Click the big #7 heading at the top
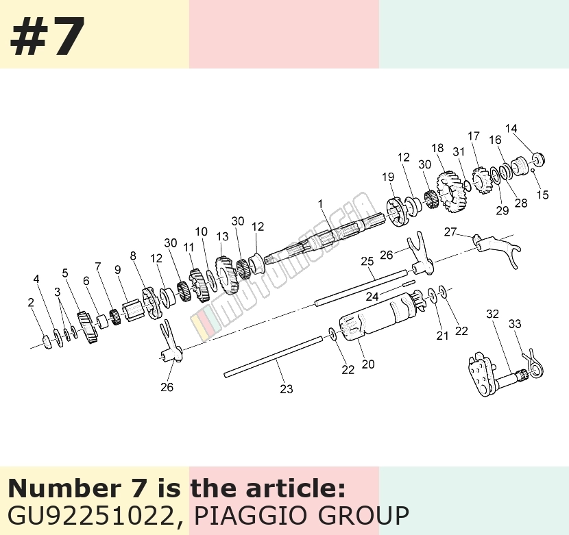[47, 36]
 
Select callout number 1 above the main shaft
[320, 204]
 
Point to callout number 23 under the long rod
[287, 389]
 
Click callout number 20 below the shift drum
[368, 364]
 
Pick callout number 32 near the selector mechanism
[492, 314]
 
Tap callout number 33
[515, 323]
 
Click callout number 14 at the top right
[511, 128]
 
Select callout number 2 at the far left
[31, 302]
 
